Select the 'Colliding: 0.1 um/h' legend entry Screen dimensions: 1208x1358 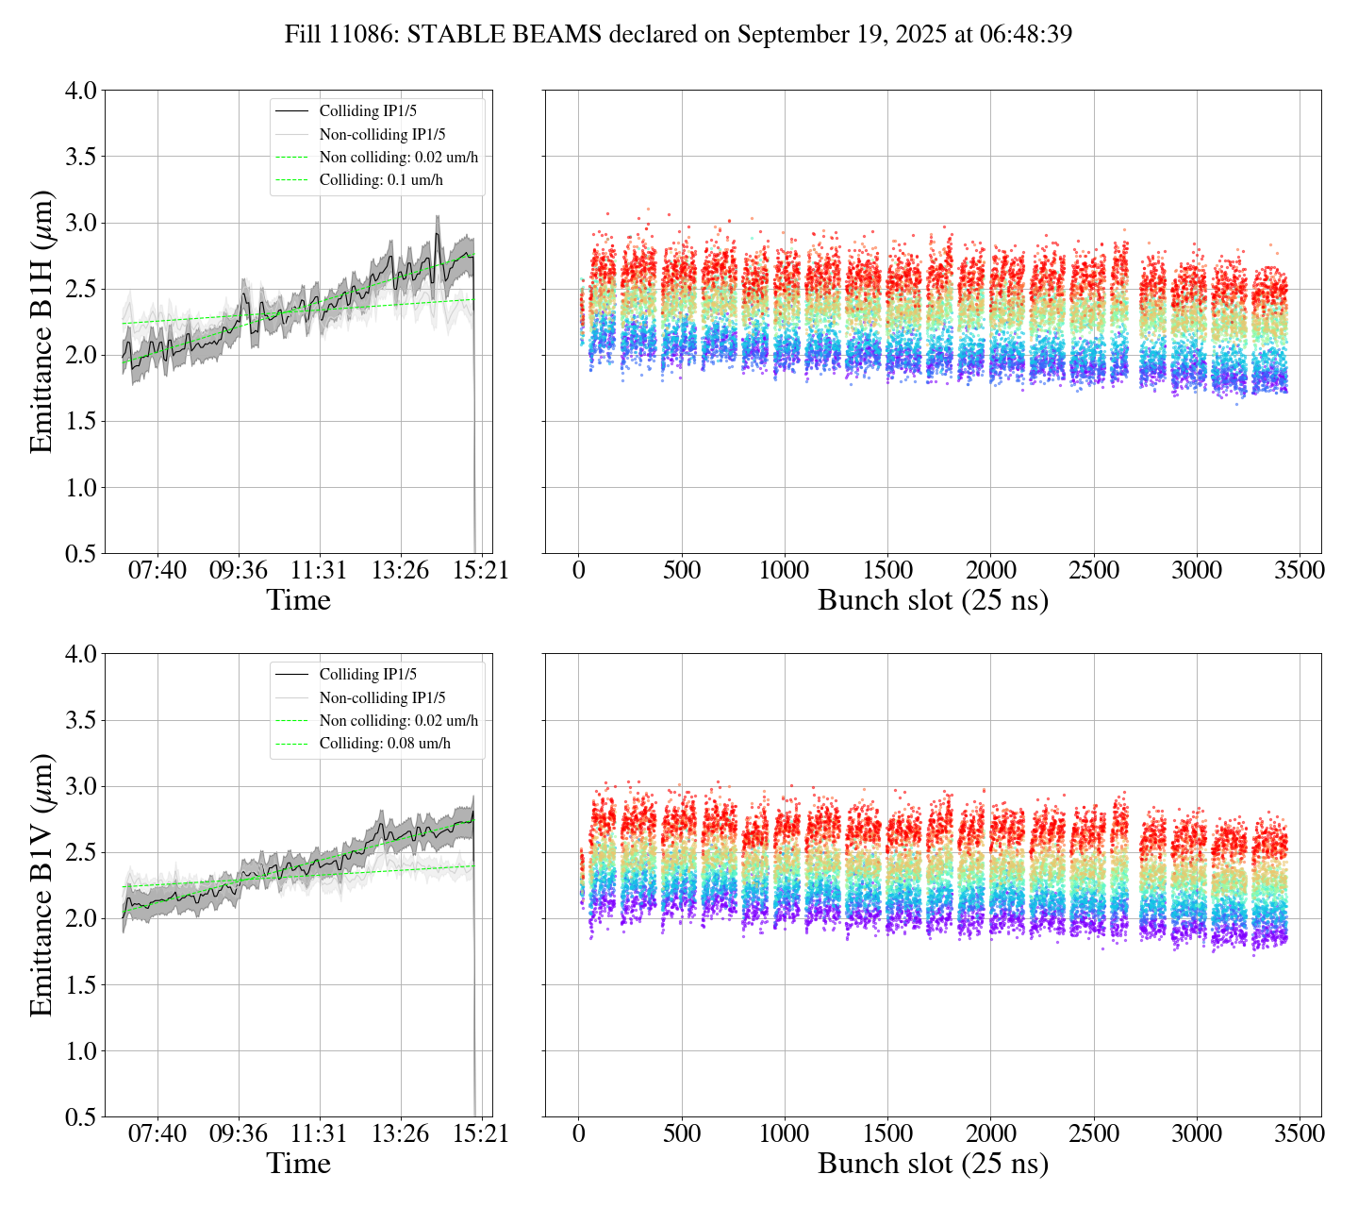381,180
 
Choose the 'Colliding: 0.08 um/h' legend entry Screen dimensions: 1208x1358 385,744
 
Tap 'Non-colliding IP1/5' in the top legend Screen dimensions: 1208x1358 382,134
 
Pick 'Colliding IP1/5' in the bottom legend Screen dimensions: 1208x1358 368,675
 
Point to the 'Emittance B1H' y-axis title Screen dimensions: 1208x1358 41,322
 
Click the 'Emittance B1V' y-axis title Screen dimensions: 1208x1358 41,885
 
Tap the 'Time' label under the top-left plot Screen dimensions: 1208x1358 298,600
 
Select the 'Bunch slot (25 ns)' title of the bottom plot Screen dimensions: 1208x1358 933,1164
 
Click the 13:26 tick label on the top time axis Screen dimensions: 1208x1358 400,570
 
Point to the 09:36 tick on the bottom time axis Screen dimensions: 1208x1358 238,1133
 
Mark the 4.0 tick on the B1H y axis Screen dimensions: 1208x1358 80,91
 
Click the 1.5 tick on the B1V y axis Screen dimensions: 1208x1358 80,985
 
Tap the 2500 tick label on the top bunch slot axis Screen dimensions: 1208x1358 1093,570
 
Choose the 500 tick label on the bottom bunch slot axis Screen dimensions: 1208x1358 682,1133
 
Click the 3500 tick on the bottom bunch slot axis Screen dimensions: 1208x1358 1300,1133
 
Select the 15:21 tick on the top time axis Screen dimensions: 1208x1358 482,570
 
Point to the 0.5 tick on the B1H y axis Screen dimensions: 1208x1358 80,554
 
